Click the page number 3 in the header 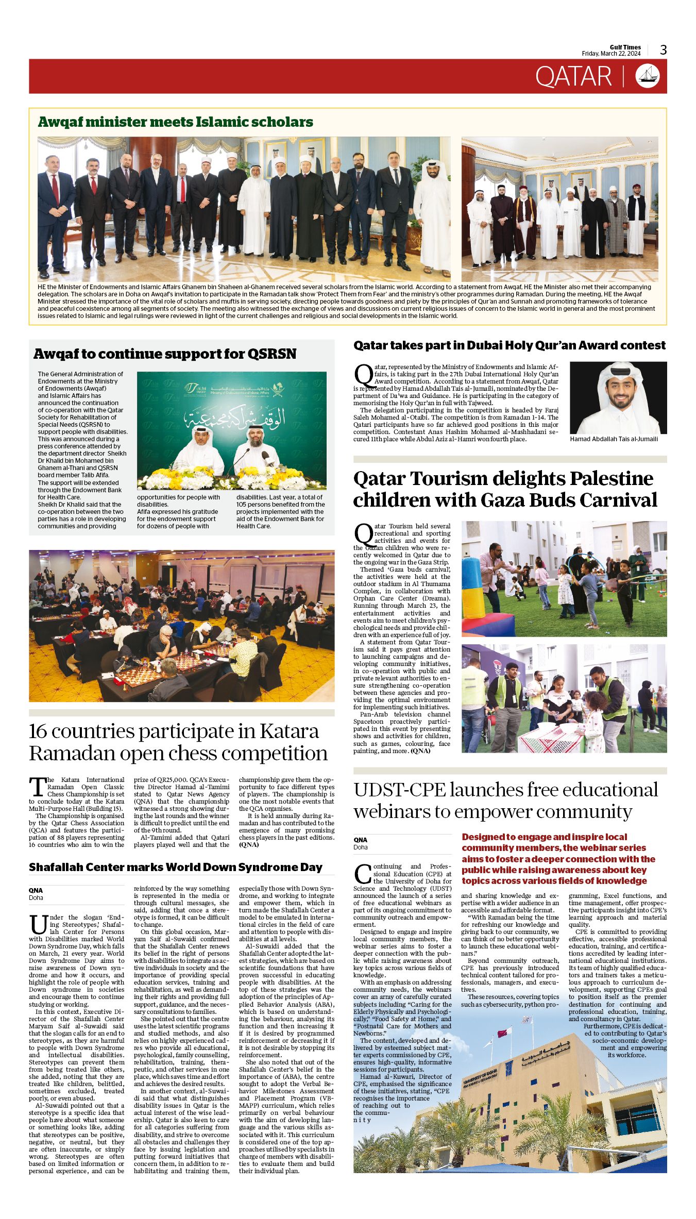(x=663, y=50)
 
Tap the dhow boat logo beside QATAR (x=648, y=76)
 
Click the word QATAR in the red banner (x=573, y=77)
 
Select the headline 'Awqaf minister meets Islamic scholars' (x=175, y=122)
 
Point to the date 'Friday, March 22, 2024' (x=611, y=54)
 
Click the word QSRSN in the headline (x=271, y=354)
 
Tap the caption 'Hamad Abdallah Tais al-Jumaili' (x=614, y=439)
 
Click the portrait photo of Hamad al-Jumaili (x=618, y=397)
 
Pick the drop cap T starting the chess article (x=37, y=787)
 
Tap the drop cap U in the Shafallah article (x=38, y=925)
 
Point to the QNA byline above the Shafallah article (x=36, y=890)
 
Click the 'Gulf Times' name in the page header (x=625, y=47)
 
